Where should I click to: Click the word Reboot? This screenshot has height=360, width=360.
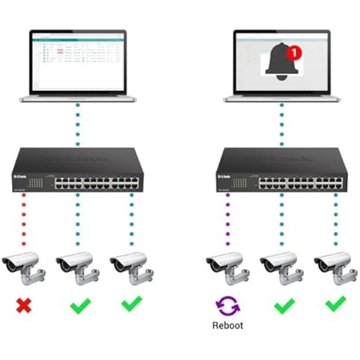(228, 325)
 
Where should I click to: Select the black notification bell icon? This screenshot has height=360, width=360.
(282, 63)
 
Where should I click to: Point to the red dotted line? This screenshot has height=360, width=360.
(23, 220)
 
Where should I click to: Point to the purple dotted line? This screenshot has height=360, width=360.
(228, 220)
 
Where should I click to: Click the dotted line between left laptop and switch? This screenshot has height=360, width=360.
(77, 124)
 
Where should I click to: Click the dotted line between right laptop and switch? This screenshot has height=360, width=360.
(282, 124)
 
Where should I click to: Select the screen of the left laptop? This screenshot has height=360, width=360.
(78, 61)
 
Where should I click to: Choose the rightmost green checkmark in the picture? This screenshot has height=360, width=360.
(336, 304)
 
